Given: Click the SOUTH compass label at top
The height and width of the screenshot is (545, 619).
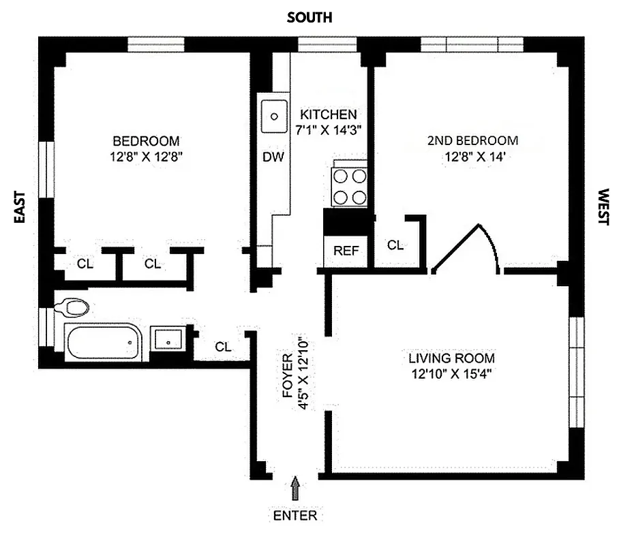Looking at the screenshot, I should point(309,18).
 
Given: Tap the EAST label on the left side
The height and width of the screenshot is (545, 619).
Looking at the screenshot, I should point(20,207).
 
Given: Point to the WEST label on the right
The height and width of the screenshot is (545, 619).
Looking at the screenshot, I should point(603,207).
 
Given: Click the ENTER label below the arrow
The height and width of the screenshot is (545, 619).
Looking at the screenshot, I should point(295,515).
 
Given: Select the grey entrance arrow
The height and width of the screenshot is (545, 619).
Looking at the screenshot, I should point(295,488).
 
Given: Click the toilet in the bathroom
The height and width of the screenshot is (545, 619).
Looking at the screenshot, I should point(71,307).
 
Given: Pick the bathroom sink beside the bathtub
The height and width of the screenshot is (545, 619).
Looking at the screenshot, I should point(167,338).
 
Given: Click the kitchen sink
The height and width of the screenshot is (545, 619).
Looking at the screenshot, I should point(274,116).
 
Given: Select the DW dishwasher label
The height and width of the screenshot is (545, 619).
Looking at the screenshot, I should point(273,157).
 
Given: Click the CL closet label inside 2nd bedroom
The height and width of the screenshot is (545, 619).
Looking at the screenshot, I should point(395,245).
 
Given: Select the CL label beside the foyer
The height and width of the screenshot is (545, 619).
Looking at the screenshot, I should point(223,346).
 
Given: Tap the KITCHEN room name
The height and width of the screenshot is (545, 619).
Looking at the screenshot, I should point(328,114).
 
